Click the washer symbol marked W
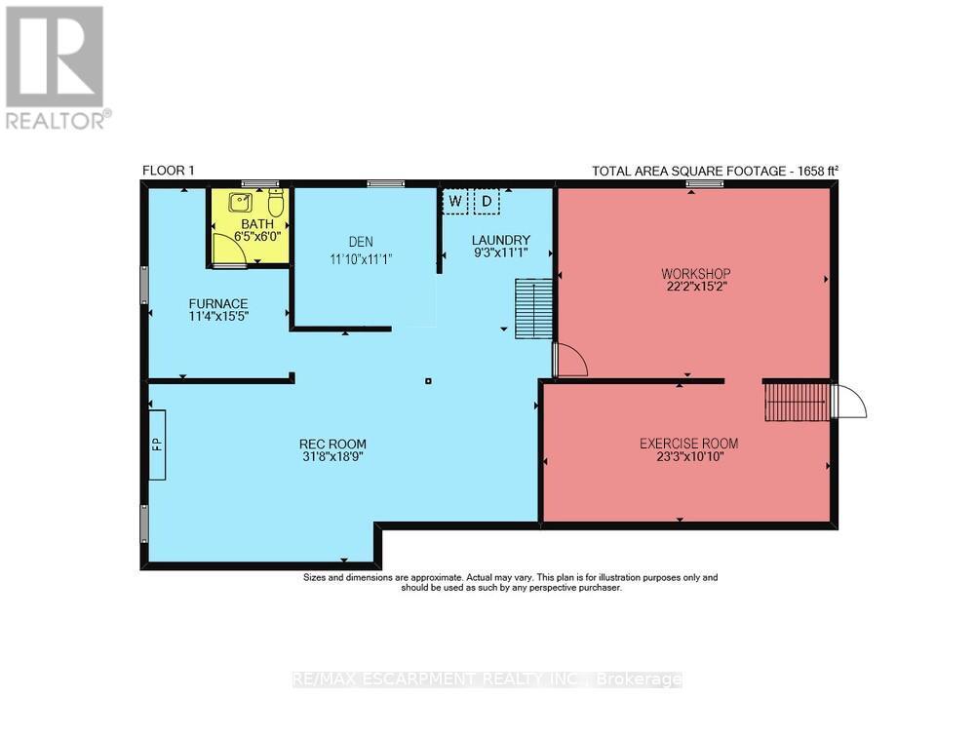tap(454, 202)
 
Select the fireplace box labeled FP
tap(156, 445)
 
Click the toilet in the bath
tap(275, 205)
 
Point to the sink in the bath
tap(240, 204)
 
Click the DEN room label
tap(363, 242)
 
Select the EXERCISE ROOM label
tap(688, 444)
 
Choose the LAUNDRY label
tap(500, 241)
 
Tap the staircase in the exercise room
tap(795, 402)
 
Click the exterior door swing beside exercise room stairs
tap(848, 402)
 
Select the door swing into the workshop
tap(570, 360)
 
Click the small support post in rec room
tap(428, 380)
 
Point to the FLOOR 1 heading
tap(169, 171)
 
